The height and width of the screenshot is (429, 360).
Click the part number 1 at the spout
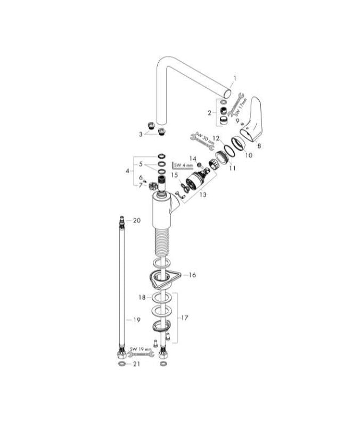(234, 78)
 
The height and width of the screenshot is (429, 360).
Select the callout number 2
(210, 112)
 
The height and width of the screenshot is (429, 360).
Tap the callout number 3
(141, 135)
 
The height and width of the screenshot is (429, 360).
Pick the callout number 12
(216, 138)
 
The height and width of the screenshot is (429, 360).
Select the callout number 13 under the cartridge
(202, 195)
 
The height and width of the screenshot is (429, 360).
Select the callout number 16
(192, 275)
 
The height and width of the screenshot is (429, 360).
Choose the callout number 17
(185, 318)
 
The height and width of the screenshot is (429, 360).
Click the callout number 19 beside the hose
(136, 320)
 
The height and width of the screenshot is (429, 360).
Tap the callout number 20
(136, 220)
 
